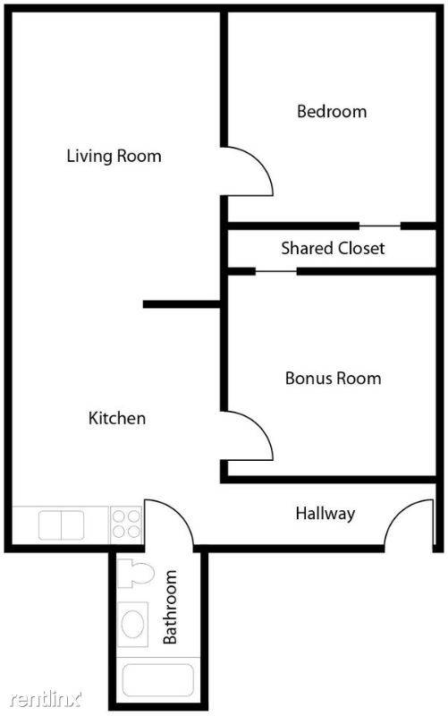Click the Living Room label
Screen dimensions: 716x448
[114, 156]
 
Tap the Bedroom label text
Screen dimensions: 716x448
[332, 112]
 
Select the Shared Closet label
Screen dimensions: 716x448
[333, 248]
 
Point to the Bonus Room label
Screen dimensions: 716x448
[333, 378]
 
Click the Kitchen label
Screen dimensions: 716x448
[116, 418]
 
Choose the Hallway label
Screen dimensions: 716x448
[325, 514]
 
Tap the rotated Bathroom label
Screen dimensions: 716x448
[170, 607]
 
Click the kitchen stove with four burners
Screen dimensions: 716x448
[126, 523]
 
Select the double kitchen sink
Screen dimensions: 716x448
[61, 524]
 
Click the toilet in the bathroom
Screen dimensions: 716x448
[135, 573]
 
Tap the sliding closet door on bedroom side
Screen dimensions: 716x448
[380, 225]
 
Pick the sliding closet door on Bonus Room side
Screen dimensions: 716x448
[276, 270]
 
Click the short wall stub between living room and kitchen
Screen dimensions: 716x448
[182, 305]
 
